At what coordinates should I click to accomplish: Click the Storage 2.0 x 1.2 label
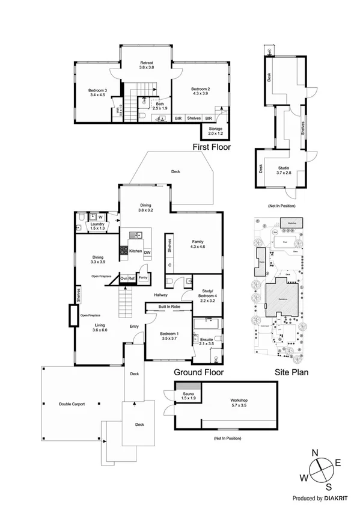pos(215,131)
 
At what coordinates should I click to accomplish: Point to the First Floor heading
pos(212,147)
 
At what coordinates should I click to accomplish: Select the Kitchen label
pos(136,251)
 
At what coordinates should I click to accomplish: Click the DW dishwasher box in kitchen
pos(147,252)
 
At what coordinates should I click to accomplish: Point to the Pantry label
pos(143,278)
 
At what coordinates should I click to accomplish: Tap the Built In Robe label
pos(169,307)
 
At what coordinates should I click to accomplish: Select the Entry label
pos(135,327)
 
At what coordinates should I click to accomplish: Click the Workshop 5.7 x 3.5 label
pos(239,403)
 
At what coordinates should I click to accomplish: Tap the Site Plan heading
pos(291,372)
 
